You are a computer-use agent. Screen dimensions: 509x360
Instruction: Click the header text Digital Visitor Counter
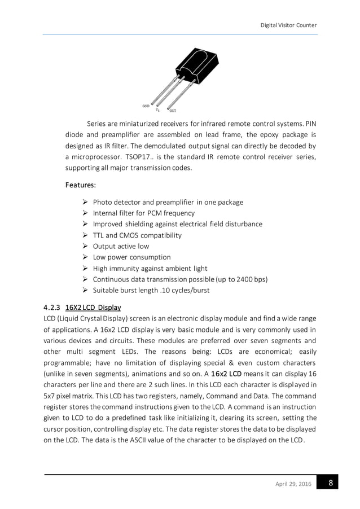[288, 25]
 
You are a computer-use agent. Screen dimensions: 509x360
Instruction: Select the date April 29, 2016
[292, 484]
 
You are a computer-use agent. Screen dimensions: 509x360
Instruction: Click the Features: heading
[81, 185]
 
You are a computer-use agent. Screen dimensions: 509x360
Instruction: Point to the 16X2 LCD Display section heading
[93, 308]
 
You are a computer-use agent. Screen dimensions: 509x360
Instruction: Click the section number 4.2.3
[53, 308]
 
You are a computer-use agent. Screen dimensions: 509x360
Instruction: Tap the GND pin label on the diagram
[145, 106]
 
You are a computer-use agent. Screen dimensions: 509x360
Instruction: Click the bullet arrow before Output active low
[85, 246]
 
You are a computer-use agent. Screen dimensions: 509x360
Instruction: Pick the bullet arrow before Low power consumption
[85, 257]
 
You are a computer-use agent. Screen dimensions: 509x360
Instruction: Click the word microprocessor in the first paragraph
[99, 156]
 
